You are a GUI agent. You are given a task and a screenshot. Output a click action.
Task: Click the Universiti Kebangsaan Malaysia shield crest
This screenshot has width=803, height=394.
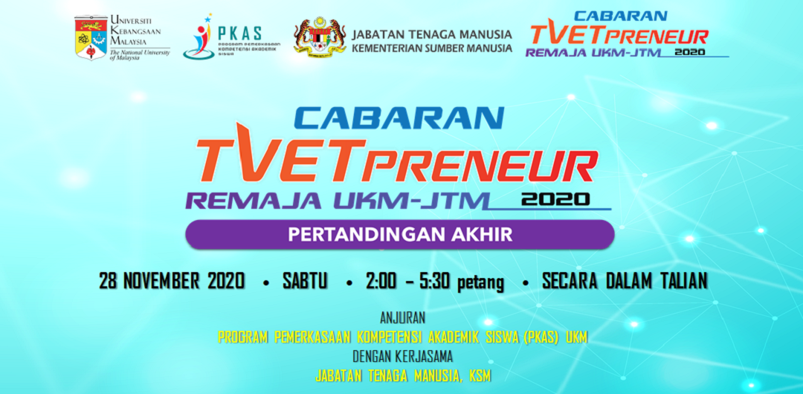(90, 36)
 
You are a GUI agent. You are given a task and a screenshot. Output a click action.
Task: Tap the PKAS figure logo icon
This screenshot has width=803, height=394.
(199, 37)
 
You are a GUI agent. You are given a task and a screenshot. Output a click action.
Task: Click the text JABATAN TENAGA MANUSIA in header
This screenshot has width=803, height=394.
(432, 34)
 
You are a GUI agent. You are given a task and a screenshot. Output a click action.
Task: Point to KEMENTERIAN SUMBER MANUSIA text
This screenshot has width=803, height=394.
(432, 48)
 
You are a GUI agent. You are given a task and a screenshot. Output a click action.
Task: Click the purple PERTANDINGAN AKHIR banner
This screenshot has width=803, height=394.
(400, 234)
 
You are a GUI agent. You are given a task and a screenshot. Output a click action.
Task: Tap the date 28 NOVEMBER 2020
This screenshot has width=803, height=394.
(172, 281)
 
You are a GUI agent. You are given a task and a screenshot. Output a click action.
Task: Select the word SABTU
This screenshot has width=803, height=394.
(305, 282)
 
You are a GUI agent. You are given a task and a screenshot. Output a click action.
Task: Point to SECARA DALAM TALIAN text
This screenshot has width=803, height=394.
(625, 281)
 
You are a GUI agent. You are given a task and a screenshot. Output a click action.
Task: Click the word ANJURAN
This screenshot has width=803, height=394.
(401, 318)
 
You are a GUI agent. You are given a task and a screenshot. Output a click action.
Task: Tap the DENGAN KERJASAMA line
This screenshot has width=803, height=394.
(401, 356)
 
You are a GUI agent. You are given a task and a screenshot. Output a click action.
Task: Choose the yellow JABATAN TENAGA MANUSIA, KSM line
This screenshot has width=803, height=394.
(401, 375)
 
